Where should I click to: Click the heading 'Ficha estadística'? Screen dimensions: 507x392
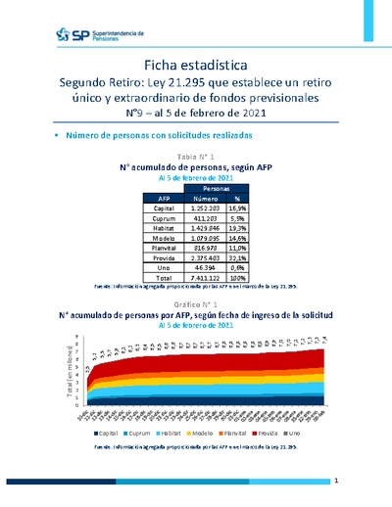tap(195, 63)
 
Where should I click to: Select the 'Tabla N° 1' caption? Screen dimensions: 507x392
tap(195, 157)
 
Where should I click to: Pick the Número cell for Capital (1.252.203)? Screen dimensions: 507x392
tap(213, 208)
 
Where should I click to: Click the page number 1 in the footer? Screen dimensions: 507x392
tap(336, 482)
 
